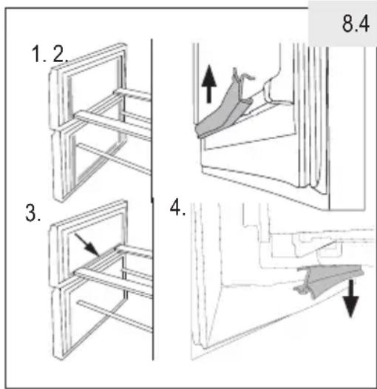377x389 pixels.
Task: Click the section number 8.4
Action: point(356,24)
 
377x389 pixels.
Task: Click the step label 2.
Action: point(60,54)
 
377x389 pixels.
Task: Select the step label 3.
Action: point(33,213)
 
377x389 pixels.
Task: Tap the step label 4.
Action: point(177,208)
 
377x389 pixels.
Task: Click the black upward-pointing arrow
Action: point(209,84)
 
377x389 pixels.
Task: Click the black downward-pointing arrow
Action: point(350,298)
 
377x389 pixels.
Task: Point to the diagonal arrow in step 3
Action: point(87,245)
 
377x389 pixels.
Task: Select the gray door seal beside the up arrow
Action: point(224,106)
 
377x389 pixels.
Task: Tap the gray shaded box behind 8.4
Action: point(342,24)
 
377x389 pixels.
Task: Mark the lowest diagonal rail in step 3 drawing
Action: point(115,317)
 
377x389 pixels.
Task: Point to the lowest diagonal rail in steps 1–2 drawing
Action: point(114,159)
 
